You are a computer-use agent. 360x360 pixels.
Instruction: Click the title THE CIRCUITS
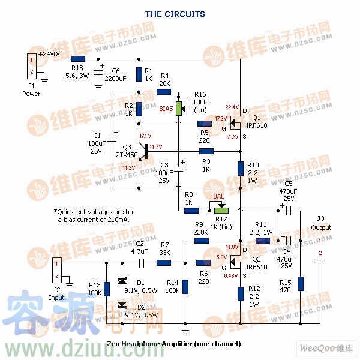pos(175,14)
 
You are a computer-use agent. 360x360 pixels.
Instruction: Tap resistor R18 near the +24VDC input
pos(77,59)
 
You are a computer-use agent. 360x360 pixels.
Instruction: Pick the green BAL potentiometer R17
pos(222,210)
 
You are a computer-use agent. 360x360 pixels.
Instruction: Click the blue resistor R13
pos(107,289)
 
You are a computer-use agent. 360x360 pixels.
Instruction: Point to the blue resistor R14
pos(185,286)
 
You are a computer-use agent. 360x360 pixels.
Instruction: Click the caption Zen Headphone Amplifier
pos(174,344)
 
